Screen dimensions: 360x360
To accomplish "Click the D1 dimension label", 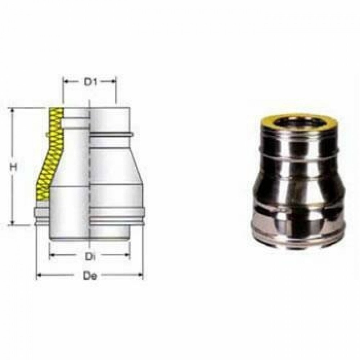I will [89, 82].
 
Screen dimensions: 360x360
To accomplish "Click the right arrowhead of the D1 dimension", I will [114, 82].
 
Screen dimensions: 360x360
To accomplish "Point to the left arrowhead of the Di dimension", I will [51, 256].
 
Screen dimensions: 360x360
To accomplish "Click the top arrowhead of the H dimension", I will [13, 109].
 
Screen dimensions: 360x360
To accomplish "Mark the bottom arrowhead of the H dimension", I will [13, 223].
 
